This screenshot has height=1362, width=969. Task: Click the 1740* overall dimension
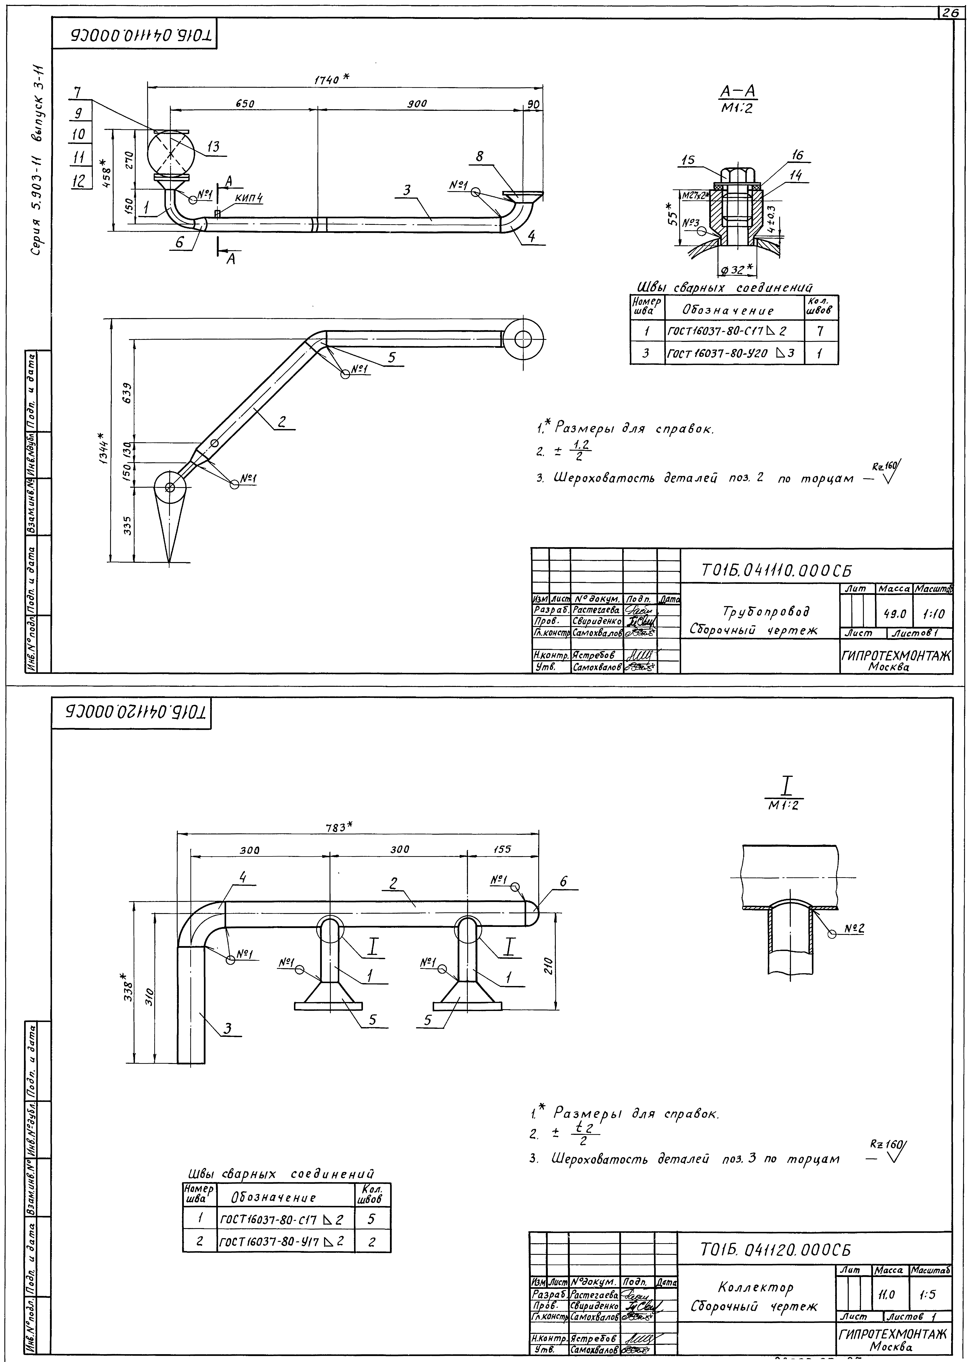pyautogui.click(x=331, y=79)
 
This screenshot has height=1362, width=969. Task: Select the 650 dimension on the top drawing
pyautogui.click(x=245, y=103)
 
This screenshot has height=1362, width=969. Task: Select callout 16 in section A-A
pyautogui.click(x=797, y=155)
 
